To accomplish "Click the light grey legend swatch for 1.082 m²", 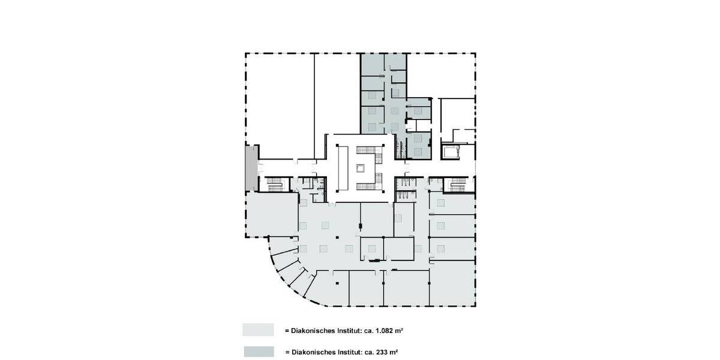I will click(x=257, y=330).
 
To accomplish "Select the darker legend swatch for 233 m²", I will click(x=257, y=352).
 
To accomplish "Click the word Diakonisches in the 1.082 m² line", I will click(x=314, y=331).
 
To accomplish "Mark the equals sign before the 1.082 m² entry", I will click(x=287, y=331).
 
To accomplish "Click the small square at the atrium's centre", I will click(x=361, y=169).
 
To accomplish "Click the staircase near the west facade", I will click(x=275, y=184).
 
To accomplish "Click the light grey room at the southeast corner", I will click(x=452, y=287).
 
